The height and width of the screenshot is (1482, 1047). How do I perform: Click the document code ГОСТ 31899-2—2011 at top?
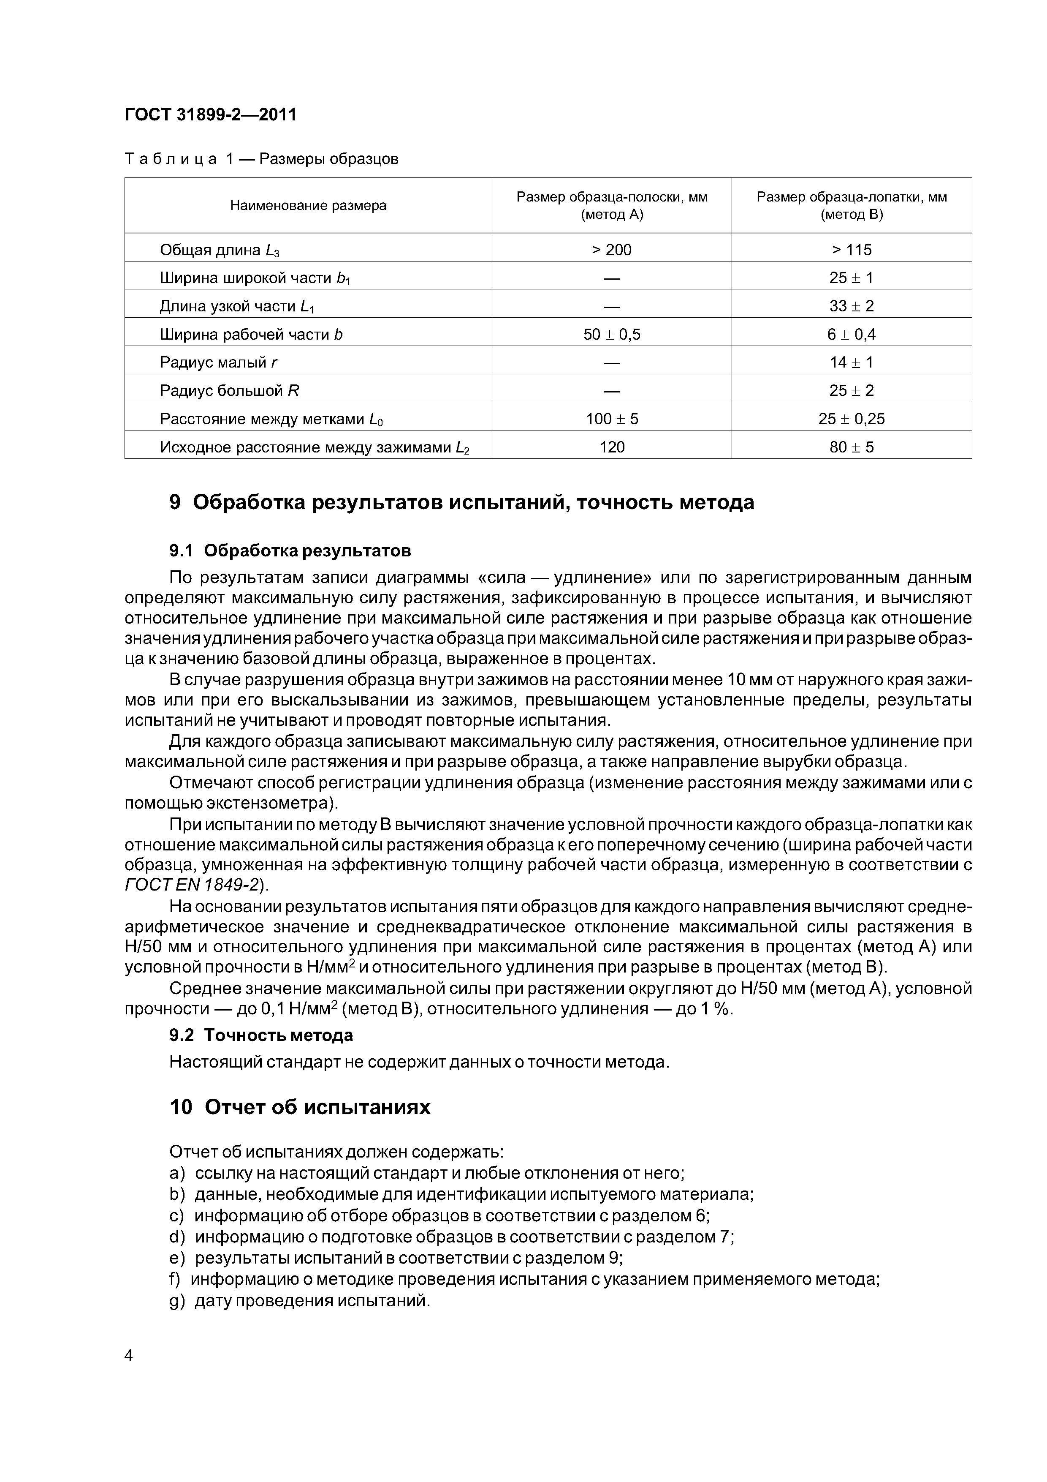pyautogui.click(x=210, y=115)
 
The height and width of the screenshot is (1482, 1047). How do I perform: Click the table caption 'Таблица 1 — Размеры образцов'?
pyautogui.click(x=261, y=159)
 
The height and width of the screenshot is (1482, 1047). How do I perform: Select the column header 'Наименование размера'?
pyautogui.click(x=308, y=206)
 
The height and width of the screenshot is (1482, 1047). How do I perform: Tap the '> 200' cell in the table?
pyautogui.click(x=612, y=250)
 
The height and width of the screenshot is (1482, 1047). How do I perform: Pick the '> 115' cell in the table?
pyautogui.click(x=852, y=250)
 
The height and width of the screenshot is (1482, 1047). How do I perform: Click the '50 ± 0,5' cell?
pyautogui.click(x=612, y=334)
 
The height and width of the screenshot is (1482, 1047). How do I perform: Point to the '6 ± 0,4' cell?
pyautogui.click(x=852, y=334)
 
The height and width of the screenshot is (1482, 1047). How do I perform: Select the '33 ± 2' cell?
pyautogui.click(x=852, y=306)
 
